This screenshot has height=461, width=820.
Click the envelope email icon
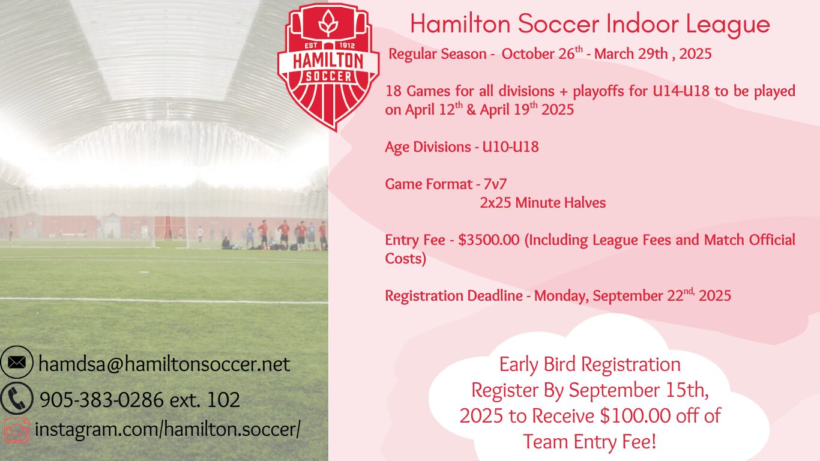tap(17, 362)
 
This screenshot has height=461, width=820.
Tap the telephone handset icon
tap(17, 399)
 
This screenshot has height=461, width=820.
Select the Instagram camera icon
tap(17, 430)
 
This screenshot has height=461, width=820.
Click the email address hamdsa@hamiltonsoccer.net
tap(164, 364)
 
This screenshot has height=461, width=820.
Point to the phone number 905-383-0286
tap(101, 400)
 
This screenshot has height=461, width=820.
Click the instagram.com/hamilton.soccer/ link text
tap(167, 429)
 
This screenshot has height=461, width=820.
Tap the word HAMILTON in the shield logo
tap(328, 61)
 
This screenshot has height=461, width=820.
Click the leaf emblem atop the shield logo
tap(328, 23)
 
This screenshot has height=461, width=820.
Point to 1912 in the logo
tap(348, 46)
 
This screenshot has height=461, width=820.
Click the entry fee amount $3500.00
tap(489, 240)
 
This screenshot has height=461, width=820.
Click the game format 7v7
tap(495, 184)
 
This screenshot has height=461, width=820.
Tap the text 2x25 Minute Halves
tap(543, 202)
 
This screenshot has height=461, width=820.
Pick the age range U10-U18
tap(510, 147)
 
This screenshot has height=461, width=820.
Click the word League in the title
tap(728, 25)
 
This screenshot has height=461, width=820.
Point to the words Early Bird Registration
tap(590, 365)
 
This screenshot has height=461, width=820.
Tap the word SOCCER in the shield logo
tap(328, 76)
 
